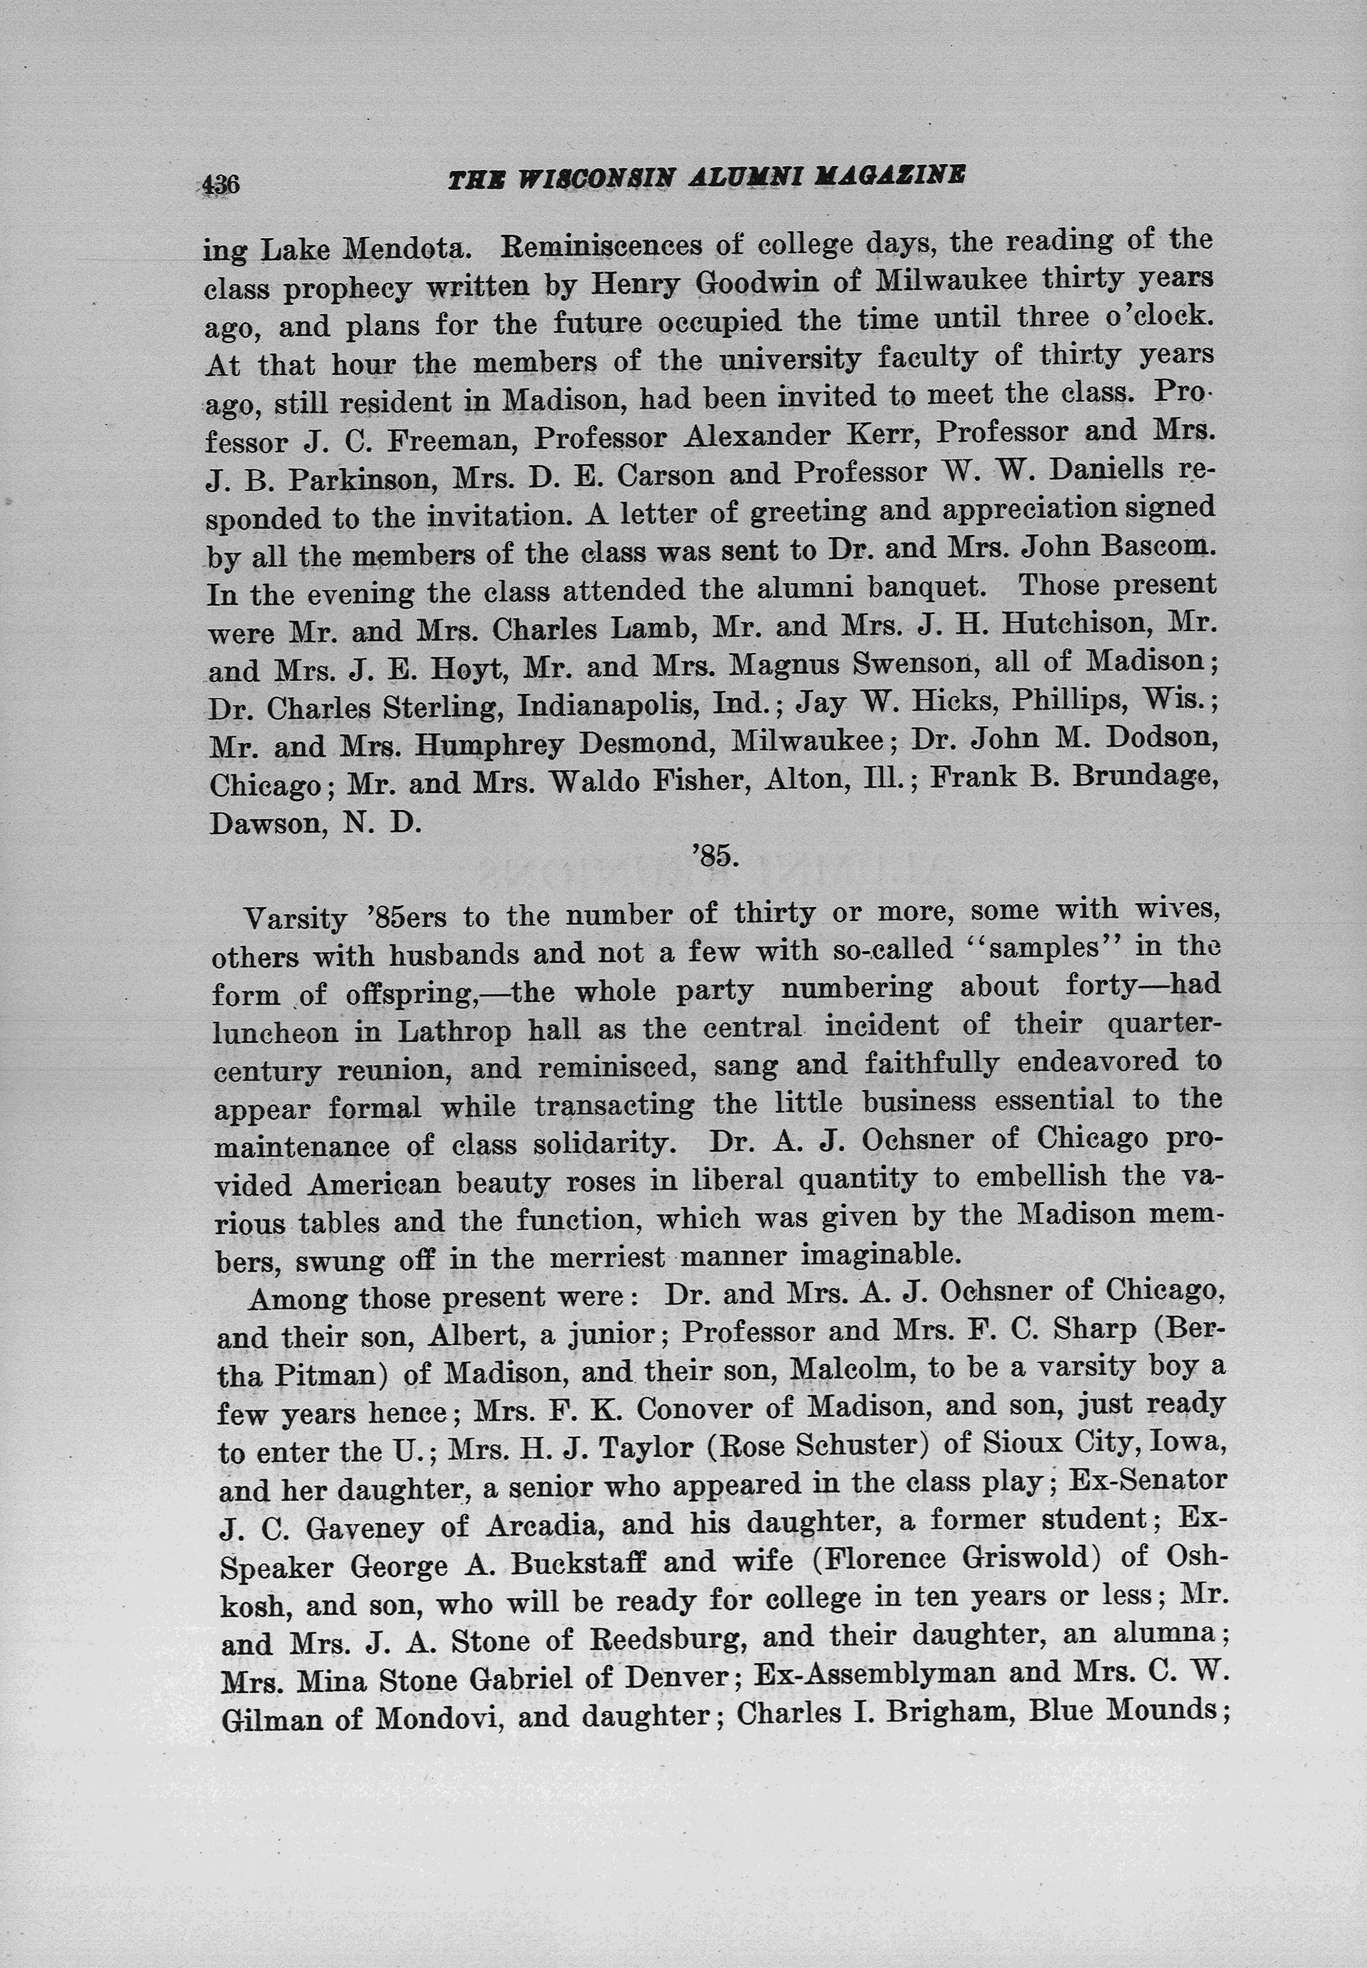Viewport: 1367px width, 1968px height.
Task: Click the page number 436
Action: point(221,183)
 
